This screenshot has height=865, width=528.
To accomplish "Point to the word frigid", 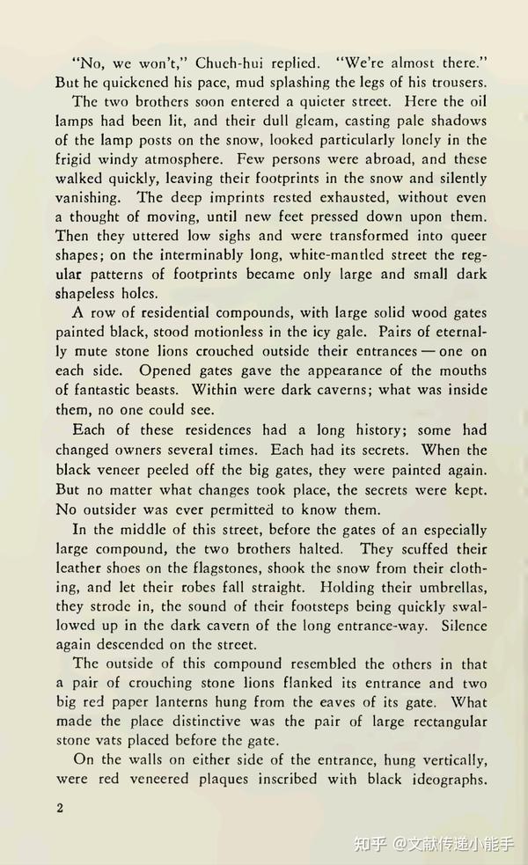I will pos(74,159).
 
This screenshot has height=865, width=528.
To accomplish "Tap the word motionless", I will pos(232,333).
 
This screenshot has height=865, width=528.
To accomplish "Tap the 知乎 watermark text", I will pos(370,844).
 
